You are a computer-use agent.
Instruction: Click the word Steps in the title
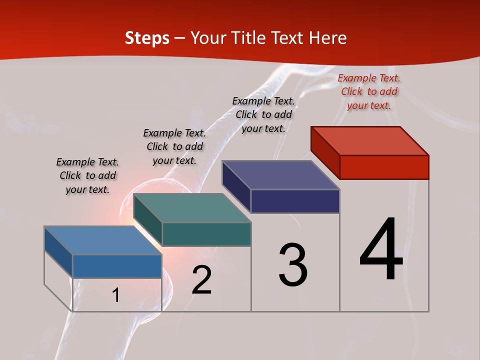[147, 38]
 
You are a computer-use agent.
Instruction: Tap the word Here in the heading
[328, 38]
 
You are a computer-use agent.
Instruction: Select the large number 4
[381, 250]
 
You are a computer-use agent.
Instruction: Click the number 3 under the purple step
[293, 265]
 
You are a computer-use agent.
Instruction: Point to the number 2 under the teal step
[202, 280]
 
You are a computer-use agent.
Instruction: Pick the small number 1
[116, 295]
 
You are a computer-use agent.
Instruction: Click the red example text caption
[369, 91]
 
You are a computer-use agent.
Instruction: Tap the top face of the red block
[370, 140]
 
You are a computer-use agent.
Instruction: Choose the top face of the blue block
[103, 240]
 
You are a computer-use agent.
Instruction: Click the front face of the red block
[384, 167]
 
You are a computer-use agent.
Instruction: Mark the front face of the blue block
[117, 266]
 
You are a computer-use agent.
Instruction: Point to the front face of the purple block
[295, 201]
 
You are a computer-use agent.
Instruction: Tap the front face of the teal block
[206, 234]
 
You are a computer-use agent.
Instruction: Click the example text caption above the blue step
[87, 175]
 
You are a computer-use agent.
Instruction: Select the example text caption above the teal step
[174, 146]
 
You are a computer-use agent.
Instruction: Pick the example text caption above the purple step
[263, 114]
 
